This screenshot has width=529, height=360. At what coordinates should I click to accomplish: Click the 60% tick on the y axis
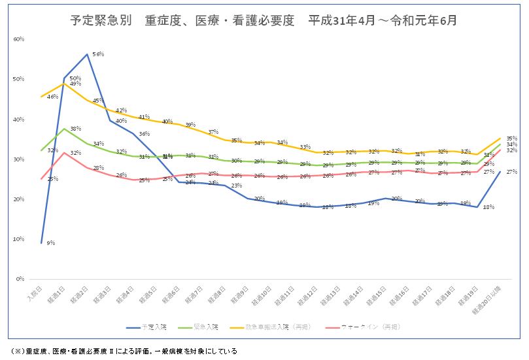[x=18, y=39]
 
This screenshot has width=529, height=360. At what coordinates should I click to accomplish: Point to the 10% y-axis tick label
[x=18, y=239]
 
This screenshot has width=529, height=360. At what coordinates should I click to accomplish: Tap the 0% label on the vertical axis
[x=20, y=279]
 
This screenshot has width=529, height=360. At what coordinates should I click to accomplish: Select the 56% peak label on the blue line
[x=99, y=54]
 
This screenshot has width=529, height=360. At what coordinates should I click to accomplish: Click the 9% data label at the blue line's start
[x=51, y=243]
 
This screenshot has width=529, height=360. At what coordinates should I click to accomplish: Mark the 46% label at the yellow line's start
[x=52, y=97]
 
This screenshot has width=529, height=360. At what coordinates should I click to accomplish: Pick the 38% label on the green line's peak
[x=75, y=129]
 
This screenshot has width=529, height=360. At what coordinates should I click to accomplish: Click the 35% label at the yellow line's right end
[x=511, y=139]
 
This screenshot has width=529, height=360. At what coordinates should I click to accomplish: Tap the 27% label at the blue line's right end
[x=511, y=172]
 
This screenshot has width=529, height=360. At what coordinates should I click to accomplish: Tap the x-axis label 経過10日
[x=262, y=297]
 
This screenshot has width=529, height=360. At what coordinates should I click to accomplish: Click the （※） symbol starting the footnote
[x=18, y=352]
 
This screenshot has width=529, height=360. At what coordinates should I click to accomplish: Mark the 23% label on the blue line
[x=236, y=186]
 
